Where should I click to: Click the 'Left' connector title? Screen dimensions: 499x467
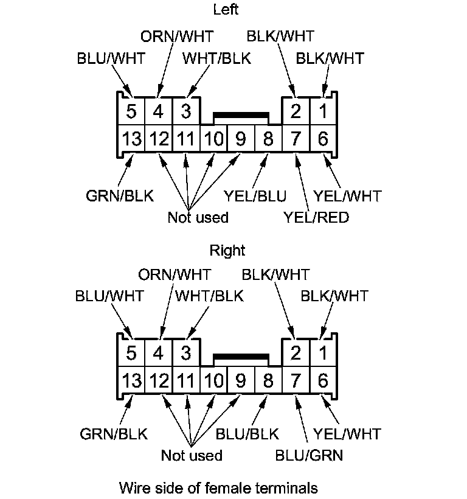[226, 9]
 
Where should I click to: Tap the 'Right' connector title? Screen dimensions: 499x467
[227, 250]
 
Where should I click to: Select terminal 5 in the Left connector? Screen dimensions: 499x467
[131, 112]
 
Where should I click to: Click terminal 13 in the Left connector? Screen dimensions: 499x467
[131, 139]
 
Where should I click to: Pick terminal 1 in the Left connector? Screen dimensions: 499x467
[323, 112]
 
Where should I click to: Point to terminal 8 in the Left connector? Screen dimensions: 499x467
[268, 139]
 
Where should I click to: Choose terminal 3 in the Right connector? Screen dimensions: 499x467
[186, 354]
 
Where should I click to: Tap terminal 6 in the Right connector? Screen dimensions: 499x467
[323, 381]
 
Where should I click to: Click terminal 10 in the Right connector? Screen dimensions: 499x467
[213, 381]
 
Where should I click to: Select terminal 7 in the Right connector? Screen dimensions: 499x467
[296, 381]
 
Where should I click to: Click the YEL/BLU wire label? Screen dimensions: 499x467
[255, 196]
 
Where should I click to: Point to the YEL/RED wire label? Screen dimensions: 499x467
[316, 217]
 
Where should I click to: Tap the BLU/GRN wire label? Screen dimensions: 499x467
[309, 455]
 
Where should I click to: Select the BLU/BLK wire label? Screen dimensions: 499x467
[247, 434]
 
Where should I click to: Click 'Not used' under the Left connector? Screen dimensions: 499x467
[198, 217]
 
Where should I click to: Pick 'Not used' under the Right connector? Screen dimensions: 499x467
[192, 455]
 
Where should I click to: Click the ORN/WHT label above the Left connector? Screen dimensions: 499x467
[178, 37]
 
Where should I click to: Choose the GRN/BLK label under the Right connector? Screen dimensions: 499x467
[114, 434]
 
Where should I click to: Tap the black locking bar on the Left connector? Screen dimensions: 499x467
[241, 114]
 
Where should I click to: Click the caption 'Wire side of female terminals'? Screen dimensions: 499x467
[218, 487]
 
